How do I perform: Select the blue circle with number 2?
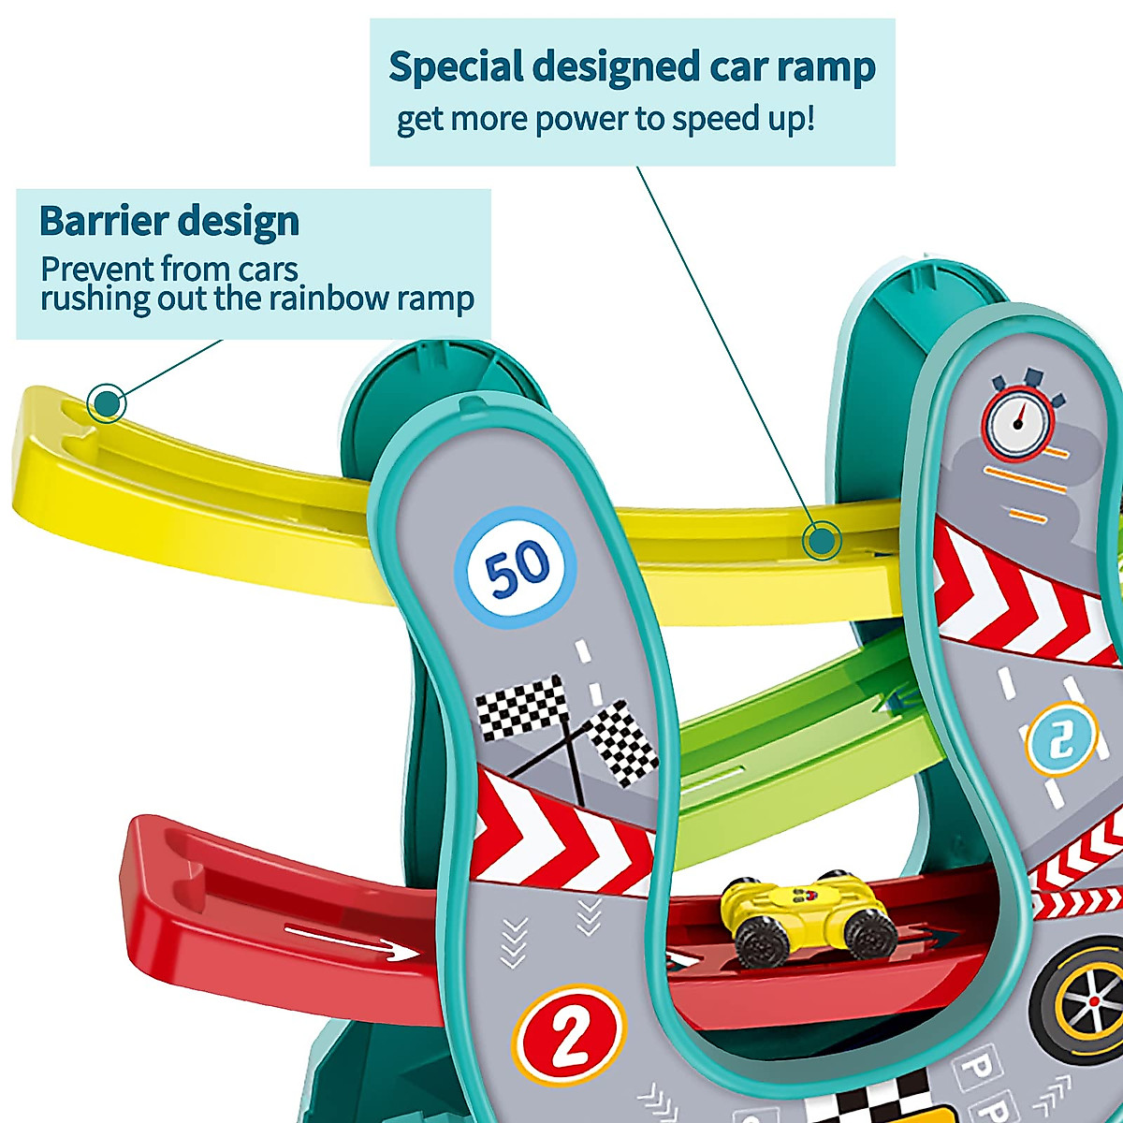tap(1061, 739)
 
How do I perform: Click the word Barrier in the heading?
tap(103, 222)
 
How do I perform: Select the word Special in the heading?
tap(456, 67)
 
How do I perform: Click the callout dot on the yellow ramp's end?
tap(107, 404)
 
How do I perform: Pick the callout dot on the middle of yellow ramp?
tap(822, 541)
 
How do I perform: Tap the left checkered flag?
tap(520, 707)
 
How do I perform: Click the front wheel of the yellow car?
tap(869, 931)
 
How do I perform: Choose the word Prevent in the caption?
tap(97, 270)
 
